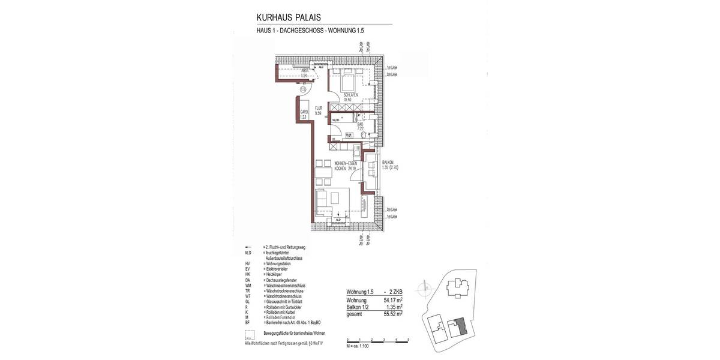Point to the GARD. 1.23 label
coord(304,115)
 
